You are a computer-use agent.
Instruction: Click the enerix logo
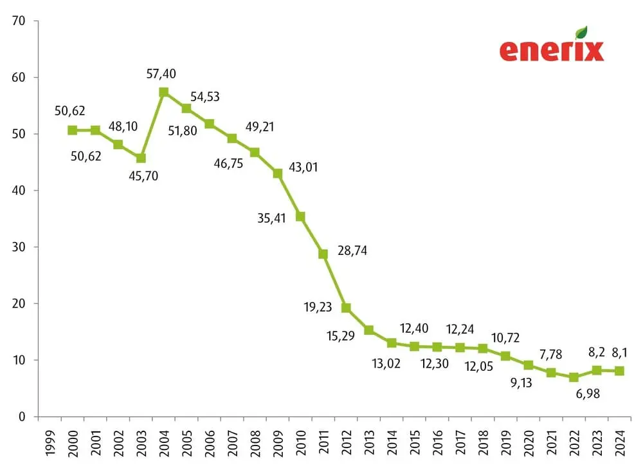(552, 50)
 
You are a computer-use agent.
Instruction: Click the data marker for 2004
(163, 92)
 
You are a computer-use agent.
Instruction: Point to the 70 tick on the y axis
(18, 21)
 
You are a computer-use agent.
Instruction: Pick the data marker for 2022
(574, 377)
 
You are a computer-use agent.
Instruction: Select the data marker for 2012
(346, 308)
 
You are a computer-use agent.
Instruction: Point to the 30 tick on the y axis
(18, 247)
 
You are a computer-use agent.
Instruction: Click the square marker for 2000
(72, 130)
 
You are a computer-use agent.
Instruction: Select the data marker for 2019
(505, 356)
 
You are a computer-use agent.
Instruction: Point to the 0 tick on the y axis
(21, 417)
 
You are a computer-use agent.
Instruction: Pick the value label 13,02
(385, 364)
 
